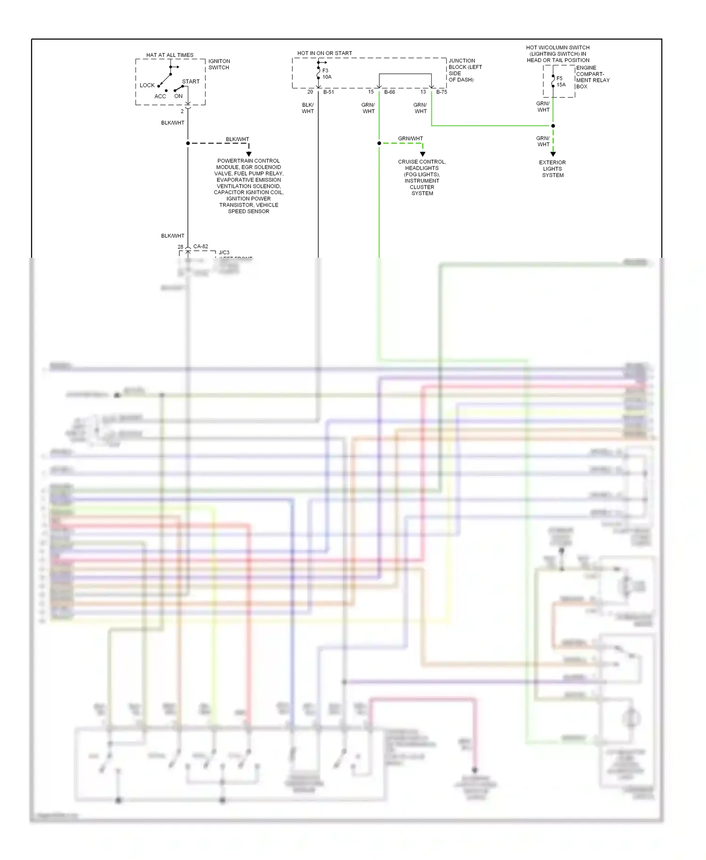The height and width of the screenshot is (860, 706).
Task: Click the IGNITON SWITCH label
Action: (x=219, y=64)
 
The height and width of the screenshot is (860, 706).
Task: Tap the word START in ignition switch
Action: (x=191, y=81)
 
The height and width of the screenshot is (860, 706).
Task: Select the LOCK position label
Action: (x=147, y=85)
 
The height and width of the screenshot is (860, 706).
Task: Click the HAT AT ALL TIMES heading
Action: (x=169, y=55)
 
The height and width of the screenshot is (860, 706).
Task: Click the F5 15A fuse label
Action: (x=561, y=81)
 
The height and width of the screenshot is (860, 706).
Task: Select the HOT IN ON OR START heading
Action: (x=324, y=53)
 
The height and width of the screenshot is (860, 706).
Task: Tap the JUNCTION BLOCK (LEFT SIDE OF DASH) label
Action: (x=465, y=70)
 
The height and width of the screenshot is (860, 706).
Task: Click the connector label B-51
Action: (x=329, y=92)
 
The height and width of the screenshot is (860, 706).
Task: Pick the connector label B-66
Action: (x=389, y=92)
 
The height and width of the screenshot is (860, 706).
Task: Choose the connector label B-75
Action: (x=441, y=92)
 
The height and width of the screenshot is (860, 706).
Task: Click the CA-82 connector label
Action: (x=201, y=246)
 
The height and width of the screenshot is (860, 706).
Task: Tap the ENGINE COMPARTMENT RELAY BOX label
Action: (x=592, y=77)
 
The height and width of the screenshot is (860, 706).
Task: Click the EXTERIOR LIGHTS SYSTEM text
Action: (x=553, y=168)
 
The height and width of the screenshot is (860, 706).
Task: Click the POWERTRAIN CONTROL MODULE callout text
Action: (x=249, y=186)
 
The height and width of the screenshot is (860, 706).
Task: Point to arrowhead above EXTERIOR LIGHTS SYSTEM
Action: (x=553, y=154)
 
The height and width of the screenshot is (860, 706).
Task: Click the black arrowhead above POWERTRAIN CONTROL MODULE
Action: (x=249, y=154)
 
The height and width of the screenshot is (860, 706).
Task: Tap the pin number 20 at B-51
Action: (x=310, y=92)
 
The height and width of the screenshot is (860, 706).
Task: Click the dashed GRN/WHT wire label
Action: (x=410, y=138)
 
